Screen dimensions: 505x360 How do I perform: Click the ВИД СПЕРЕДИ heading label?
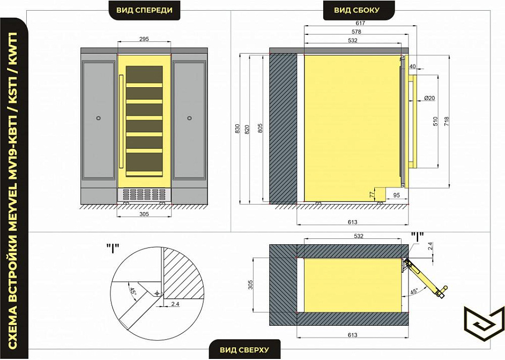tap(144, 10)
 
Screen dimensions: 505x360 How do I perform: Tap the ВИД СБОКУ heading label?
tap(357, 10)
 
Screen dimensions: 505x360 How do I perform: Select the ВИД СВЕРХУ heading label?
tap(244, 350)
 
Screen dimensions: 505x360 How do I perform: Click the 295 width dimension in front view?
tap(144, 39)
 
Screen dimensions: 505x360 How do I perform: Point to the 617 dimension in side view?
tap(360, 23)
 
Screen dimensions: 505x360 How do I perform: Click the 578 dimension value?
tap(357, 32)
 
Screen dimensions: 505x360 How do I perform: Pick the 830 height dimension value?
tap(237, 129)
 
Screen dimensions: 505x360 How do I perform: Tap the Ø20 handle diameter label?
tap(429, 98)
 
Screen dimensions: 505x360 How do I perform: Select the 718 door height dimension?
tap(447, 121)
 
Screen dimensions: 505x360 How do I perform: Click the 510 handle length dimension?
tap(435, 121)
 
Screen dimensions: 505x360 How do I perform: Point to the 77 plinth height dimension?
tap(372, 194)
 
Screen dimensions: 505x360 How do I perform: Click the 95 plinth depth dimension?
tap(397, 196)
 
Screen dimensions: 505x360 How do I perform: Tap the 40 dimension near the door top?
tap(413, 66)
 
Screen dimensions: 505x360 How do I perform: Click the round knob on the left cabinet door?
tap(99, 118)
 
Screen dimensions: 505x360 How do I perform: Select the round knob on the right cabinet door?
tap(189, 118)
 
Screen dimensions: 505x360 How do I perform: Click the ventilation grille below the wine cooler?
tap(144, 194)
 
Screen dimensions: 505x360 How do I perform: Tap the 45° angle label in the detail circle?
tap(132, 291)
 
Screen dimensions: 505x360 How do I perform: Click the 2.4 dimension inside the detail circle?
tap(175, 304)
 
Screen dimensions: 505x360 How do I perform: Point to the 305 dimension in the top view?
tap(251, 284)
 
